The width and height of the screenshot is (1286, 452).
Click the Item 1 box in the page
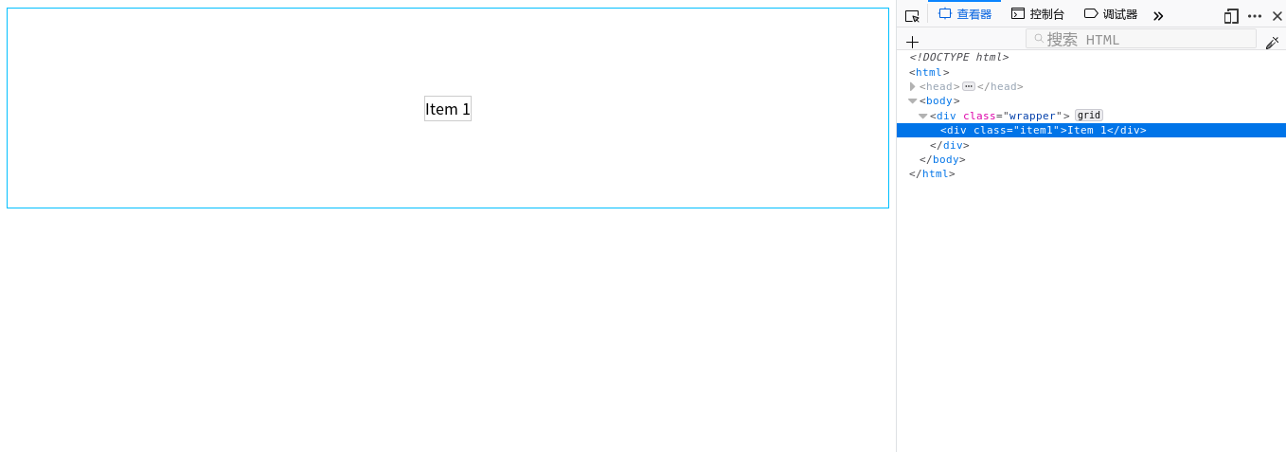pos(448,109)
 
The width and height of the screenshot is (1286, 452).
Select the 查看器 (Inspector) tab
pos(965,14)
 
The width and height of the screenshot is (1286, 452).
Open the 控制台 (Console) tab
pos(1038,14)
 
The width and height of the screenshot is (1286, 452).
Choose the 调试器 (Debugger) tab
pos(1111,14)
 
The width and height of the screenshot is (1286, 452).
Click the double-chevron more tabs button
pos(1158,15)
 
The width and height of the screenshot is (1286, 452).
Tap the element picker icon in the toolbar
pos(912,16)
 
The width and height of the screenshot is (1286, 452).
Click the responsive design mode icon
pos(1231,16)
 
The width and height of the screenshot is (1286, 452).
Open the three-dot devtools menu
pos(1255,16)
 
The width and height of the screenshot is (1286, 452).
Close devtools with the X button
pos(1277,16)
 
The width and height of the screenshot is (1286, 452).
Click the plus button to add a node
pos(912,42)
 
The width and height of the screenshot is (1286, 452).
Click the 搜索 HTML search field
pos(1141,39)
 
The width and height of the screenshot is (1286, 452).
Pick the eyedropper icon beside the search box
pos(1272,43)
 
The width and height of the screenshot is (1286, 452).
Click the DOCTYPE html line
pos(958,57)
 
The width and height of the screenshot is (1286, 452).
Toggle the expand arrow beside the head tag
pos(912,87)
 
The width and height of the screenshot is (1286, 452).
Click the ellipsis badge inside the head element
pos(969,87)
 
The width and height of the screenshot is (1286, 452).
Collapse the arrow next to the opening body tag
pos(912,101)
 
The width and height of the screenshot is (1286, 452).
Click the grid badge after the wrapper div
pos(1089,116)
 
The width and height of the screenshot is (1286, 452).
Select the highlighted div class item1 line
pos(1044,131)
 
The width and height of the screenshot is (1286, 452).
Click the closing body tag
pos(942,159)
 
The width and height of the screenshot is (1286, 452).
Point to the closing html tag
pos(932,174)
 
